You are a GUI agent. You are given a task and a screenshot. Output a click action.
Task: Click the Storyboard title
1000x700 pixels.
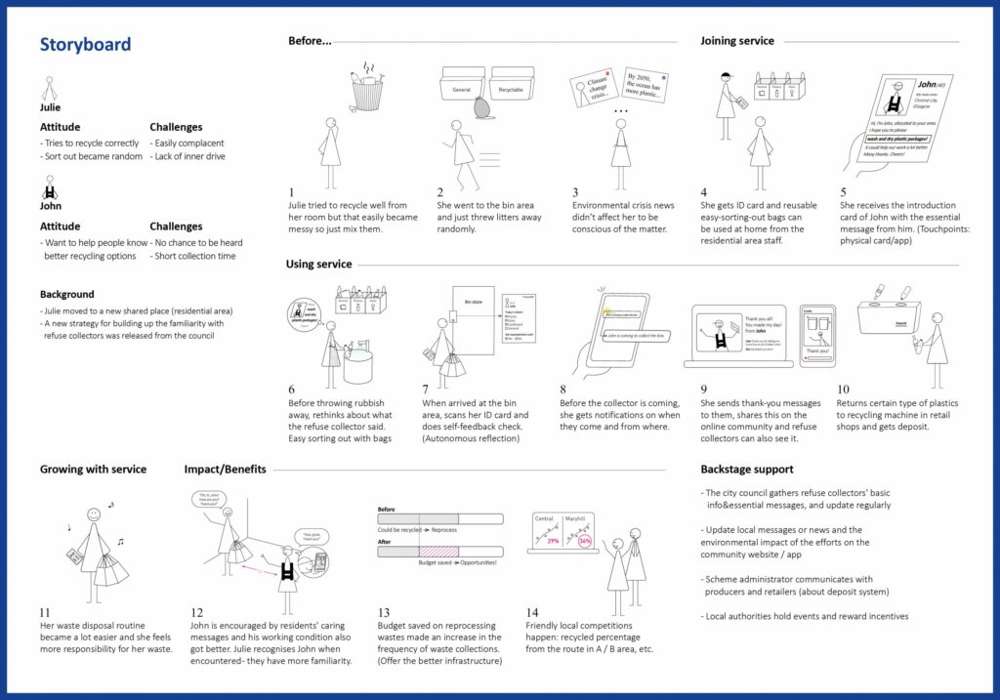[85, 45]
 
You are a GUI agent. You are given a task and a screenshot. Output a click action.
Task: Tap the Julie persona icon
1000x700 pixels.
[50, 89]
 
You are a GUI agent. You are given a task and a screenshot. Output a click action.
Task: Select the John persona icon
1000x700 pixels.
[50, 186]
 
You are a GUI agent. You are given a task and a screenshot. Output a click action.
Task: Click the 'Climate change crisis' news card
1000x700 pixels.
[593, 87]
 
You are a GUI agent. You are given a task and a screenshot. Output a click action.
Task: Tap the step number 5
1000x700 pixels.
[843, 192]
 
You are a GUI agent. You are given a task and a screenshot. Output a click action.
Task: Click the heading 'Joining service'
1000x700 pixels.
[736, 41]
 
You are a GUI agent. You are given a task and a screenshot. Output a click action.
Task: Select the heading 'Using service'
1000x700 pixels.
[318, 265]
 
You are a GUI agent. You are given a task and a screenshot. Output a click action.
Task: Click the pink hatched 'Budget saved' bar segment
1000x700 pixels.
[438, 552]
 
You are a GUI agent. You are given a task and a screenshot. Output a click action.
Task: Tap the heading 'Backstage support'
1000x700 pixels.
[747, 470]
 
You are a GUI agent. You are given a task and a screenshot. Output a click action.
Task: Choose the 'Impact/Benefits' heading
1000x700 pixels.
[225, 470]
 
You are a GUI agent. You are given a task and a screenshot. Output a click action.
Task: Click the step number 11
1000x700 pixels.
[46, 612]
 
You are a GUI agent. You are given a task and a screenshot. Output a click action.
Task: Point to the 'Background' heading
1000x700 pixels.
[67, 294]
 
